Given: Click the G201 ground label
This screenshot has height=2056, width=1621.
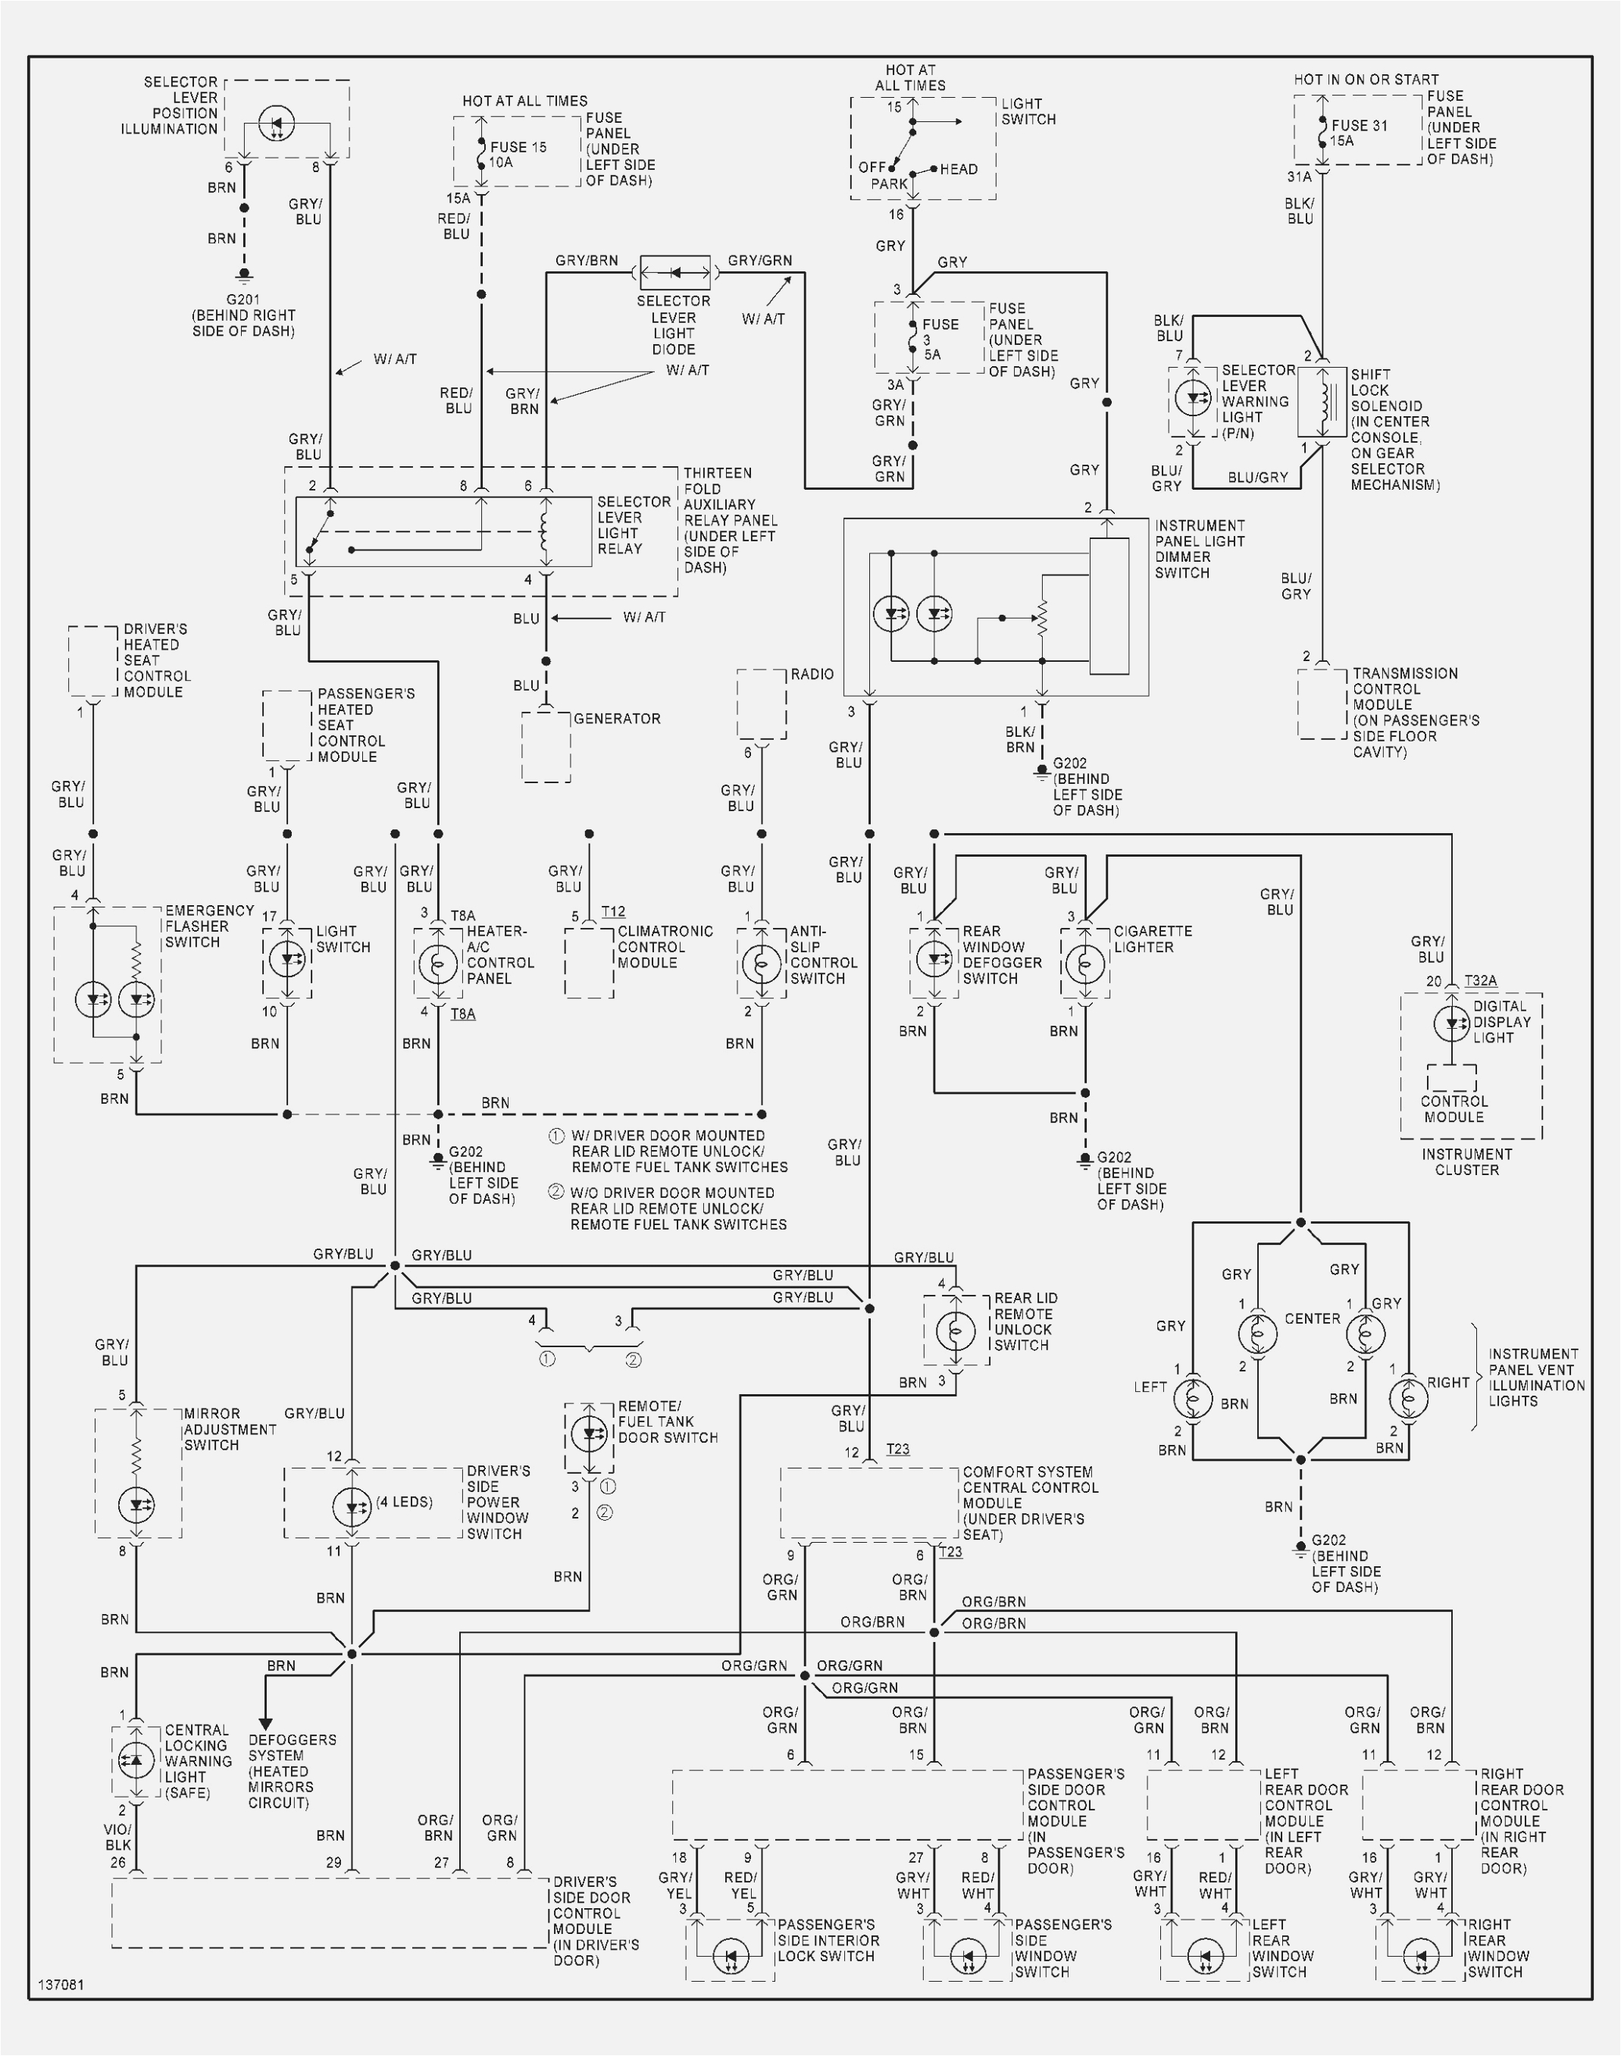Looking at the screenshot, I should (243, 300).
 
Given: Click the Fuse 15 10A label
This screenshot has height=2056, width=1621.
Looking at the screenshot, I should (518, 155).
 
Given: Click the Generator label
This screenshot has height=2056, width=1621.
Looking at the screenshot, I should (617, 719).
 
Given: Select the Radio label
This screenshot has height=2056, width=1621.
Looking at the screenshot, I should (812, 674).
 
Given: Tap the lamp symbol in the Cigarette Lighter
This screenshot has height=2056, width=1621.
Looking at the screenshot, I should (1084, 964).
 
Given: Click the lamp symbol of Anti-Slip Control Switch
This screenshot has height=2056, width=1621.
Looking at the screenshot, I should (761, 964).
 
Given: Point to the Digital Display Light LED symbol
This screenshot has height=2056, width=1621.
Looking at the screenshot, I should (1451, 1023).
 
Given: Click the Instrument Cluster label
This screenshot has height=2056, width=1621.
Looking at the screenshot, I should (1466, 1162).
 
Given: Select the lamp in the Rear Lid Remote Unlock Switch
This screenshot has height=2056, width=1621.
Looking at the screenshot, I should (955, 1330).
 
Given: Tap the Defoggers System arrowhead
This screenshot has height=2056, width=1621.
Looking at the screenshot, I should (266, 1723).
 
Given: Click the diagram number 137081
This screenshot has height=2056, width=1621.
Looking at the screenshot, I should (61, 1985).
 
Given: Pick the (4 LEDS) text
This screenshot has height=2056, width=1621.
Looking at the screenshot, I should (404, 1502).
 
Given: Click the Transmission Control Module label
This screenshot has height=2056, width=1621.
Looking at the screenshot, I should (1404, 712).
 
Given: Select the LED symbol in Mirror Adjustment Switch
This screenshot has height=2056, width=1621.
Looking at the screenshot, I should (136, 1505).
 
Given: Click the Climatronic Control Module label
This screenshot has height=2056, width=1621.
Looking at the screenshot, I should (665, 946).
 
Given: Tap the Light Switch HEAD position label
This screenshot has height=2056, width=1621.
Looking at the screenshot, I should (959, 169).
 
